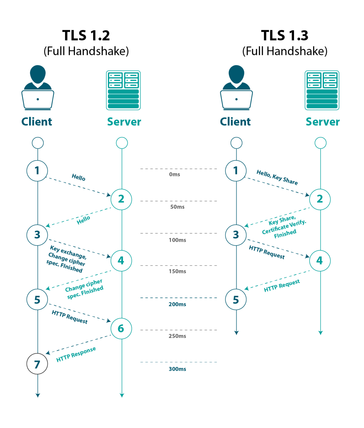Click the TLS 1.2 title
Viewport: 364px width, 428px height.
pyautogui.click(x=86, y=36)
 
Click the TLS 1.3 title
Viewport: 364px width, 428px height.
pyautogui.click(x=285, y=36)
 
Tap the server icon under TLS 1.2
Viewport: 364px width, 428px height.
pyautogui.click(x=123, y=90)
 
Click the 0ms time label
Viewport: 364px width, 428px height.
pyautogui.click(x=175, y=174)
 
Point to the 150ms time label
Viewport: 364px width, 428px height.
pyautogui.click(x=177, y=271)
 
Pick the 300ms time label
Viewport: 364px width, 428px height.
pyautogui.click(x=177, y=369)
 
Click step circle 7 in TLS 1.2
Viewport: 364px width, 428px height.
pyautogui.click(x=37, y=364)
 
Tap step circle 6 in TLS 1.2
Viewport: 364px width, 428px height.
pyautogui.click(x=121, y=329)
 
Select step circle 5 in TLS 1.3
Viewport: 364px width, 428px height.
pyautogui.click(x=236, y=300)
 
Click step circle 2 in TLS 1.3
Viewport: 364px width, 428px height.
pyautogui.click(x=320, y=199)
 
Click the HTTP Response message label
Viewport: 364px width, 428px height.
pyautogui.click(x=76, y=354)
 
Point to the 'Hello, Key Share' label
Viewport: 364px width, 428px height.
pyautogui.click(x=277, y=177)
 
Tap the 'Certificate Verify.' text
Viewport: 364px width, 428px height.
pyautogui.click(x=284, y=227)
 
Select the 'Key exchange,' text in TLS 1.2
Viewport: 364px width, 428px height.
pyautogui.click(x=68, y=252)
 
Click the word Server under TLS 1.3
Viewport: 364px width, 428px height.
pyautogui.click(x=322, y=122)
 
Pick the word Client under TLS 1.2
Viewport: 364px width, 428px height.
pyautogui.click(x=37, y=122)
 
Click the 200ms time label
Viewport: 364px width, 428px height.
pyautogui.click(x=177, y=304)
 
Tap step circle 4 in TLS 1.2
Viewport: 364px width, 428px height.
pyautogui.click(x=121, y=261)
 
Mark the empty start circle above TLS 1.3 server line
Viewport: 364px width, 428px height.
pyautogui.click(x=320, y=143)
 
